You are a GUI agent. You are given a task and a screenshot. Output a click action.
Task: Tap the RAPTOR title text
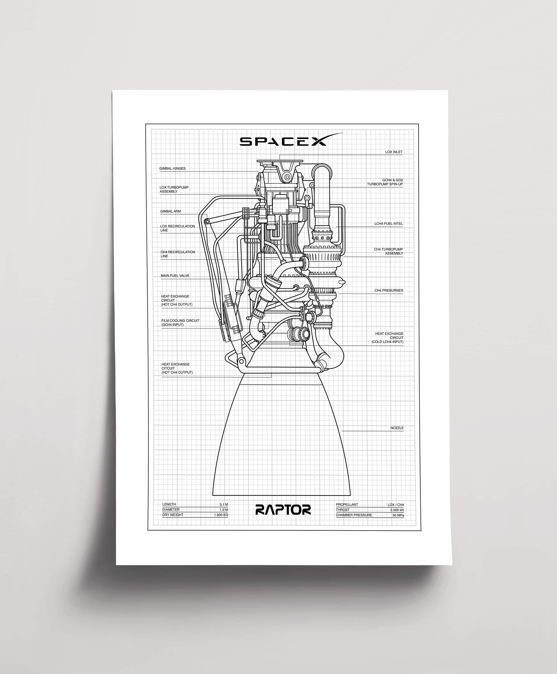pos(283,510)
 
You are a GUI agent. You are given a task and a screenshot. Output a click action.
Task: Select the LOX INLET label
pos(394,152)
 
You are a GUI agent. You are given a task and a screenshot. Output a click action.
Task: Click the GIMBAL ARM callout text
pos(170,211)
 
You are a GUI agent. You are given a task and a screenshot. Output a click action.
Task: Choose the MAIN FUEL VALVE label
pos(175,276)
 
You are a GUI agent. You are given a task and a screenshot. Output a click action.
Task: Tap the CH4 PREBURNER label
pos(389,290)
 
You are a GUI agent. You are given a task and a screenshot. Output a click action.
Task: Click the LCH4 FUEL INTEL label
pos(388,224)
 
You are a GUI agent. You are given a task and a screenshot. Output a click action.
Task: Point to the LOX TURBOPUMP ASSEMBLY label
pos(174,189)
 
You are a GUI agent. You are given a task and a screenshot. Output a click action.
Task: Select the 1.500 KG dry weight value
pos(221,515)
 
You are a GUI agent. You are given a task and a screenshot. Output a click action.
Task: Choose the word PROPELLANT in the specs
pos(347,505)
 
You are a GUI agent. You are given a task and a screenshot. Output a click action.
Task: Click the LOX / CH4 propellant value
pos(396,505)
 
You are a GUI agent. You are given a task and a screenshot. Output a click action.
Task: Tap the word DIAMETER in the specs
pos(171,510)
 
